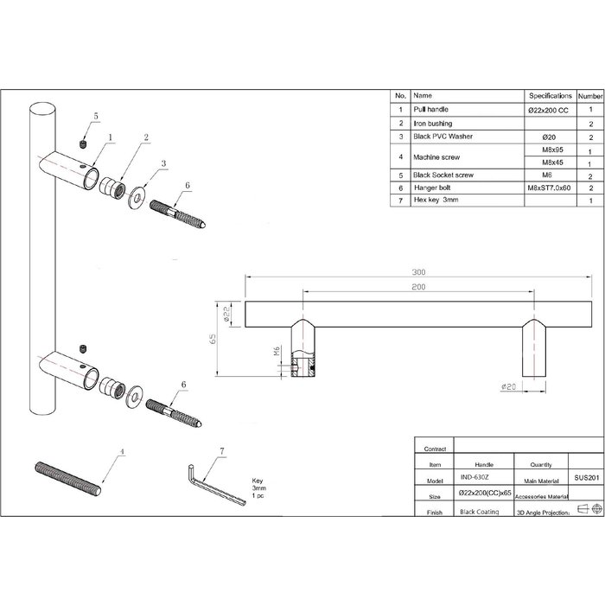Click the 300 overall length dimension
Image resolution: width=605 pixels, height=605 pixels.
point(420,271)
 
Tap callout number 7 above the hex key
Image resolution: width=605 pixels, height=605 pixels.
point(222,451)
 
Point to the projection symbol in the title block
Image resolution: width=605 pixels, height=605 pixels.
point(585,512)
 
